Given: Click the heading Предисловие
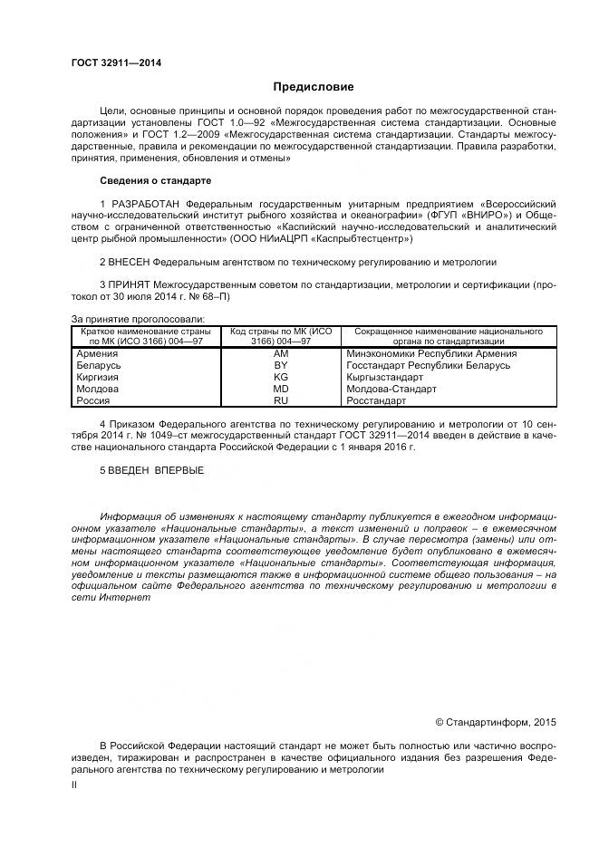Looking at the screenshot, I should tap(314, 87).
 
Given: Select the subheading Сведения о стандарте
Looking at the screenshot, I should tap(155, 180).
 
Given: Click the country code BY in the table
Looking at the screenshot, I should tap(280, 365).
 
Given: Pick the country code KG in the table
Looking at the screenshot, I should tap(280, 377).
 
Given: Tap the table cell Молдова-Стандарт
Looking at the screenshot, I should tap(391, 389).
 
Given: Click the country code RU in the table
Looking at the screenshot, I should tap(280, 399).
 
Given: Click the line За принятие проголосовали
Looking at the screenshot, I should tap(138, 319).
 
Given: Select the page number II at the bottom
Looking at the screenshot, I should tap(74, 785).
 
